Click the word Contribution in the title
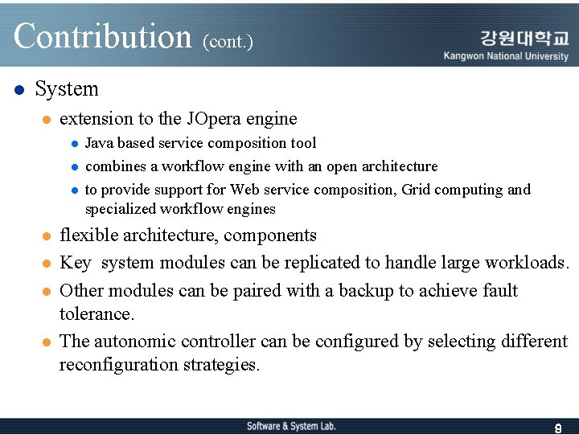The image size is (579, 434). (x=103, y=36)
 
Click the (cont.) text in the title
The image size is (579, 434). (x=228, y=41)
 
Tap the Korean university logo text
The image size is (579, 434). (x=524, y=38)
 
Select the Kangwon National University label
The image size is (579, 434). (x=506, y=56)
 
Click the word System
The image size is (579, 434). (x=67, y=89)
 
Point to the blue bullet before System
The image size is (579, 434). (x=19, y=89)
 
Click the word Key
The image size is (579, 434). (x=76, y=263)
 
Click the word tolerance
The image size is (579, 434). (x=96, y=313)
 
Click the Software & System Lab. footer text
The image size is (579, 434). (x=291, y=426)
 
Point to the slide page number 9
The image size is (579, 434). (x=558, y=428)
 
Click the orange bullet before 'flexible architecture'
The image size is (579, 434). (x=47, y=236)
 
